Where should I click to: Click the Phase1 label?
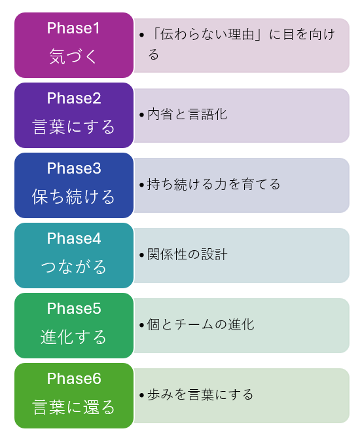coord(73,28)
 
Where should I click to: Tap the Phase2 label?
coord(74,98)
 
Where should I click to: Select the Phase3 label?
coord(74,168)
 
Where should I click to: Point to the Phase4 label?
coord(74,238)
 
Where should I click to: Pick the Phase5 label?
coord(74,309)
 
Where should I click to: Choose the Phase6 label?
coord(74,379)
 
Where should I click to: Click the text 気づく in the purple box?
coord(73,56)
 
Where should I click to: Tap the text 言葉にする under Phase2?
coord(74,127)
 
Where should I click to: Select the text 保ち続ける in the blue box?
coord(74,197)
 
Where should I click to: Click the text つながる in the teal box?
coord(74,267)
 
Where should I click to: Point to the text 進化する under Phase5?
coord(74,337)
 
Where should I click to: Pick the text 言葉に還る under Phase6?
coord(74,407)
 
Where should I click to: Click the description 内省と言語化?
coord(187,114)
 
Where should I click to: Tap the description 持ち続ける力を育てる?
coord(213,184)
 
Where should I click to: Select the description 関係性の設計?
coord(187,254)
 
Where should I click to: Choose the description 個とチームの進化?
coord(201,324)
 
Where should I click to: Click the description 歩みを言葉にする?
coord(200,394)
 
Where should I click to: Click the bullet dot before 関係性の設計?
coord(142,255)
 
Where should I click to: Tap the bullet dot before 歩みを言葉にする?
coord(142,395)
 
